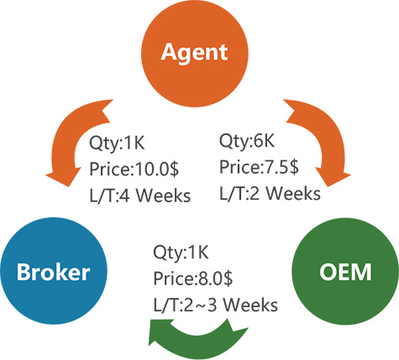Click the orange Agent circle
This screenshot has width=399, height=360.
[x=195, y=53]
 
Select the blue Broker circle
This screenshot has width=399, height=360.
[x=54, y=271]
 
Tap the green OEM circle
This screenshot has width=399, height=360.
[x=345, y=271]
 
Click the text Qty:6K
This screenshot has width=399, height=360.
[x=247, y=141]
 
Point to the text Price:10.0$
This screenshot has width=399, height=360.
[x=134, y=169]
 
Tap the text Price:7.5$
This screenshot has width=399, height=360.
[x=259, y=167]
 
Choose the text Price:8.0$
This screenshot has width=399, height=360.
[x=193, y=279]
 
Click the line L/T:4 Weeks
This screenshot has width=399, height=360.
[x=140, y=196]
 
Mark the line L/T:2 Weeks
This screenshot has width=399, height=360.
[x=270, y=193]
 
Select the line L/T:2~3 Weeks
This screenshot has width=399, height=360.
[x=216, y=305]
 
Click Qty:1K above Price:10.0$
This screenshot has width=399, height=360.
[x=117, y=143]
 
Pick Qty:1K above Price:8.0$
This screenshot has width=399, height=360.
[x=181, y=253]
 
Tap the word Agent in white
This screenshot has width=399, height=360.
[x=194, y=52]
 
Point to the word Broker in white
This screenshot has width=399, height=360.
[x=54, y=271]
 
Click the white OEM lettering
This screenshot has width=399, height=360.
[x=345, y=271]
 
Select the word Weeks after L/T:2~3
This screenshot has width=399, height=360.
[x=251, y=305]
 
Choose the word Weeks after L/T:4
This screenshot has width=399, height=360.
[x=164, y=196]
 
